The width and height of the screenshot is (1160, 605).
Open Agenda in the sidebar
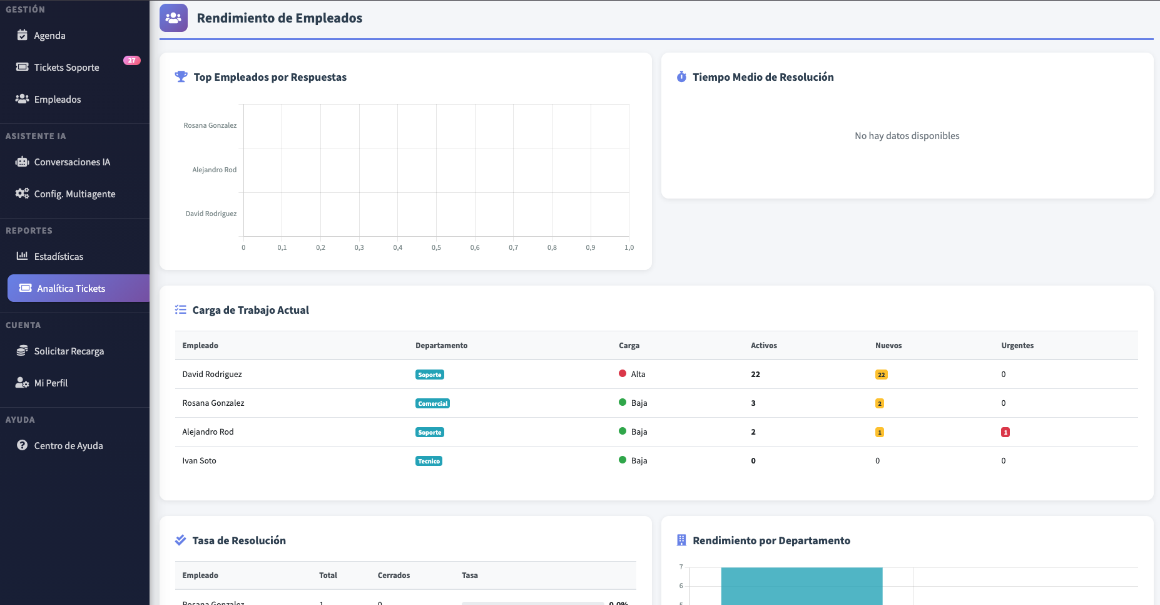click(x=49, y=36)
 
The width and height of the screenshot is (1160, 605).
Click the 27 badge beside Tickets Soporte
click(x=131, y=61)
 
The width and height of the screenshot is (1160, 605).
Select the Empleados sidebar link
click(x=58, y=100)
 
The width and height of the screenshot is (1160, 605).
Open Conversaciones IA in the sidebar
click(x=72, y=162)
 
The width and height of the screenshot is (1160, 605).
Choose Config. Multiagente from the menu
click(x=74, y=194)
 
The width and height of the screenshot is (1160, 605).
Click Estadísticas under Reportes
click(x=59, y=257)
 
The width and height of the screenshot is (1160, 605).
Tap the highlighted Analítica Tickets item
click(x=71, y=289)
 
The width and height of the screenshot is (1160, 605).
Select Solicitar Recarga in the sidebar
click(x=69, y=351)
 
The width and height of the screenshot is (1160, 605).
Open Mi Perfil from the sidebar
click(x=51, y=383)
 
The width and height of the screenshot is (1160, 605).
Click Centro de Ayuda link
click(x=68, y=446)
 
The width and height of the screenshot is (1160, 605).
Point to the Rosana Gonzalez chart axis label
click(x=210, y=126)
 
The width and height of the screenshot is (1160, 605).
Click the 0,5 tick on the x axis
click(x=436, y=248)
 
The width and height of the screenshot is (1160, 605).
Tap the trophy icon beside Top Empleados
click(x=181, y=76)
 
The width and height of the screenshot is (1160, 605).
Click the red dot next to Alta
click(x=623, y=374)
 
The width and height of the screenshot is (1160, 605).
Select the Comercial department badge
click(x=432, y=404)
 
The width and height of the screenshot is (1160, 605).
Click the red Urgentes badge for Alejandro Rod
click(x=1005, y=432)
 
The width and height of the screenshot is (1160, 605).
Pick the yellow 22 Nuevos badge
click(x=881, y=375)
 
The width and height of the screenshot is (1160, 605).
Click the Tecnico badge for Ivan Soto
click(x=429, y=462)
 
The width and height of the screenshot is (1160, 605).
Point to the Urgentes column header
click(x=1017, y=346)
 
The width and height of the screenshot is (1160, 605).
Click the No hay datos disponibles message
click(x=907, y=136)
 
